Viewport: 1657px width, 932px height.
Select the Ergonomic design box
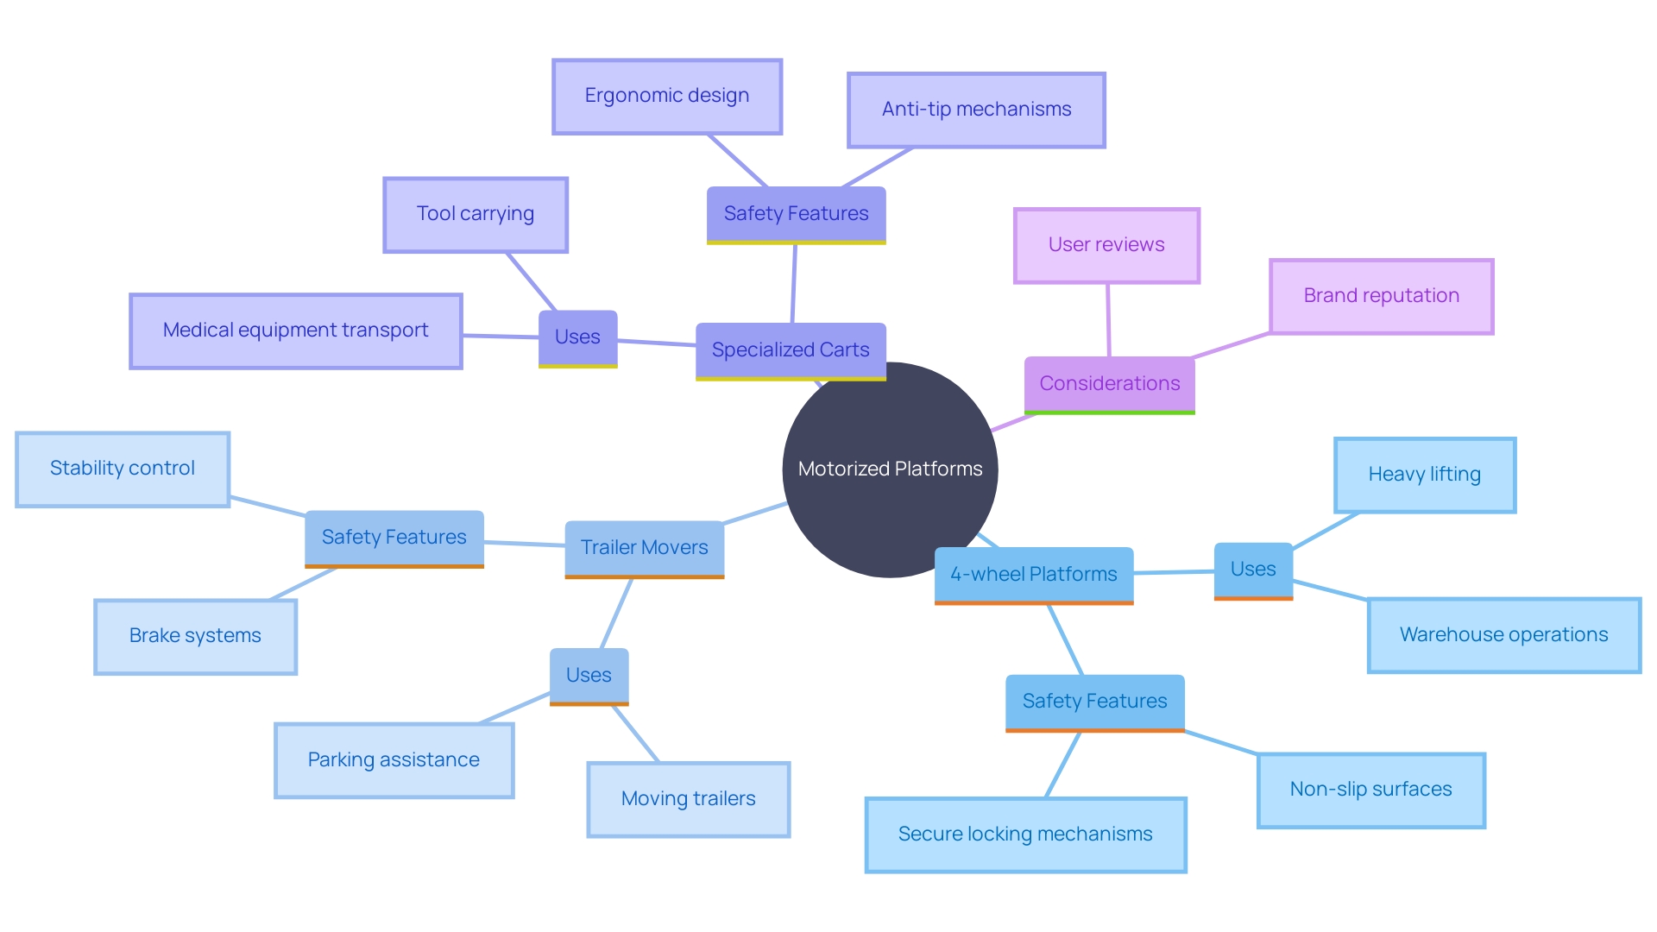(x=667, y=97)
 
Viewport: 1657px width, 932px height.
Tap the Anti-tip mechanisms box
(x=976, y=110)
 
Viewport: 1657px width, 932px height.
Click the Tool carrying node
(x=476, y=215)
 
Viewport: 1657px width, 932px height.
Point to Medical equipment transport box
(x=296, y=331)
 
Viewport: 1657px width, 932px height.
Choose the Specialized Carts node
(x=791, y=350)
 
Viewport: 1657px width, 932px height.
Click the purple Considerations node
(x=1109, y=384)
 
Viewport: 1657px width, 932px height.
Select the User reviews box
(x=1106, y=246)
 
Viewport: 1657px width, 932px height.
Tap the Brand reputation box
(x=1381, y=296)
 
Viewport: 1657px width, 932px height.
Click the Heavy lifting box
(x=1424, y=475)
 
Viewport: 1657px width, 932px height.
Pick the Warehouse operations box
(x=1503, y=635)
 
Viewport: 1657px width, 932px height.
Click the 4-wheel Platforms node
(x=1033, y=575)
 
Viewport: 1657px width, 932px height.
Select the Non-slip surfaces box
(x=1370, y=790)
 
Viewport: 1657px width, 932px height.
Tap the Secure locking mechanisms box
(x=1025, y=834)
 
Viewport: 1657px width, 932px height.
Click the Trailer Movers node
(x=644, y=548)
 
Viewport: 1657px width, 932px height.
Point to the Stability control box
(x=123, y=469)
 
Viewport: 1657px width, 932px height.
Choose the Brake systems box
(x=195, y=636)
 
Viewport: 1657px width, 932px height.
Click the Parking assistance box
(x=394, y=760)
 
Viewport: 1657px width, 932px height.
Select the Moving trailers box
(x=688, y=799)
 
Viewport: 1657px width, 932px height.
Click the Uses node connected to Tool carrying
(x=577, y=337)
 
